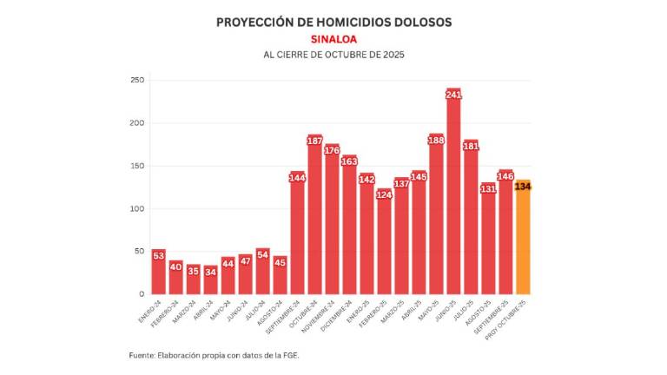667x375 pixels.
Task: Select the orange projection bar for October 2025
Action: (522, 239)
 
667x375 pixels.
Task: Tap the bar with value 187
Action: (314, 217)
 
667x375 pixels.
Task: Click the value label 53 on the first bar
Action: (158, 255)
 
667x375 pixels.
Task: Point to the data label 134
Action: (522, 187)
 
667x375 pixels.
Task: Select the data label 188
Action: (436, 141)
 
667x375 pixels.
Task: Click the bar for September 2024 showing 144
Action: (297, 234)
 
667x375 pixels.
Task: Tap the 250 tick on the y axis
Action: (136, 81)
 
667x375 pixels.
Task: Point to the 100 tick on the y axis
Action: (136, 208)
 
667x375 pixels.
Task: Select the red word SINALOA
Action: (333, 39)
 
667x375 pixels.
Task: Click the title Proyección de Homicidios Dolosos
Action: (333, 22)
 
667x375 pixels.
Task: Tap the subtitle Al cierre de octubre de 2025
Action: (333, 55)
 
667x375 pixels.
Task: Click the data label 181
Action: (470, 146)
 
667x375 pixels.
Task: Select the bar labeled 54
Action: (262, 273)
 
